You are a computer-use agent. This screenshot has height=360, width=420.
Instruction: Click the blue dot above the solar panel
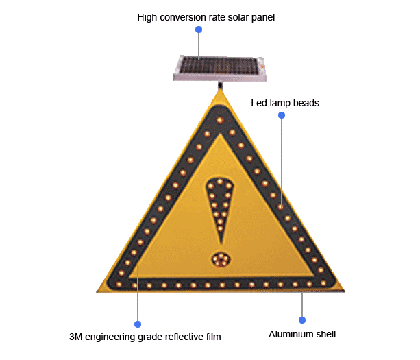tap(199, 30)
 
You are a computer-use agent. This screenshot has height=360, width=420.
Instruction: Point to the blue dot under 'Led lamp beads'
tap(281, 115)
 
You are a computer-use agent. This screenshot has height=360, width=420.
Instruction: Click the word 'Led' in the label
tap(259, 103)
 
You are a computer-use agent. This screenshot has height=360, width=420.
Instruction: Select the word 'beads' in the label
tap(306, 103)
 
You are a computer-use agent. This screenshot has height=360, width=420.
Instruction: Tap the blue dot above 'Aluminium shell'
tap(301, 320)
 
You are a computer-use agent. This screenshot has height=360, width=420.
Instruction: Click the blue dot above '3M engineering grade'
tap(138, 324)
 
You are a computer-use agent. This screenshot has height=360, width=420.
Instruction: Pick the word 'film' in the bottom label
tap(213, 337)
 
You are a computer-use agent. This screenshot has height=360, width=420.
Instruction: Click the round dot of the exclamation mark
tap(221, 259)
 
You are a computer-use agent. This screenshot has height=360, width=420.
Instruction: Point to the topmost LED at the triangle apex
tap(219, 121)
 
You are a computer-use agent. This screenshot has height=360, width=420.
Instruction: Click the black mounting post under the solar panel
tap(219, 86)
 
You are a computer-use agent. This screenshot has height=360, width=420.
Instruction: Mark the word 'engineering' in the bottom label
tap(109, 337)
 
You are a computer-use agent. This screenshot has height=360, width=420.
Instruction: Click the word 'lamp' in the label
tap(282, 103)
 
